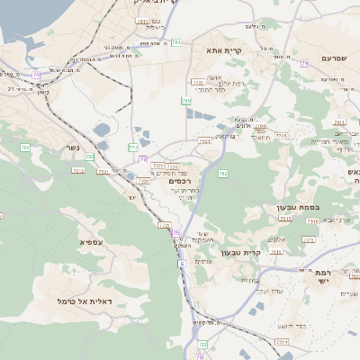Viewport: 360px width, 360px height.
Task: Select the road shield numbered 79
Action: [x=305, y=63]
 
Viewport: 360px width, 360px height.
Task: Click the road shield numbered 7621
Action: [x=204, y=140]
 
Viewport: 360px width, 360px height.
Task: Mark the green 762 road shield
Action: [x=223, y=173]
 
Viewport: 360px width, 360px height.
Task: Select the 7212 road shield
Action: [x=78, y=169]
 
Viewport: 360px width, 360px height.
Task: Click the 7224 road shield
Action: [x=172, y=166]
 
